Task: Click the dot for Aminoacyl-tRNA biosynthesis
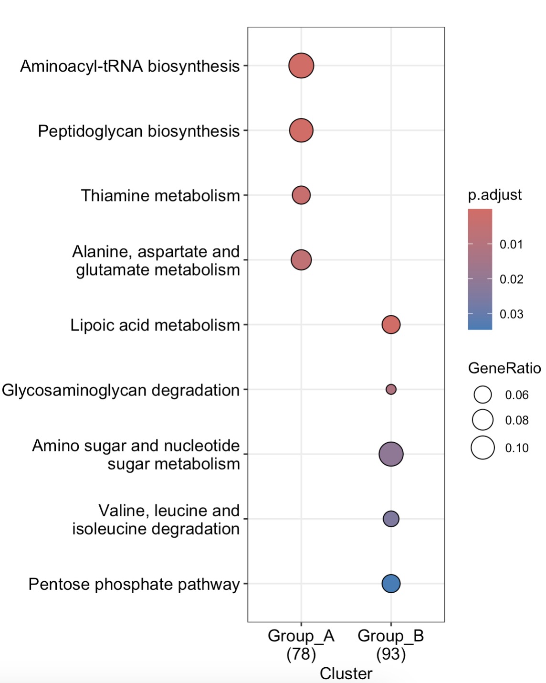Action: (x=301, y=65)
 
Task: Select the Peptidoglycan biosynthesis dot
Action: (x=301, y=130)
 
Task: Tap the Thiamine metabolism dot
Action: (x=301, y=195)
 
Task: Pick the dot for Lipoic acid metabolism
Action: (x=391, y=325)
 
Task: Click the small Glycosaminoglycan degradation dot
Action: (x=391, y=389)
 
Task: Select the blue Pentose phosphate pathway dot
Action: (x=391, y=583)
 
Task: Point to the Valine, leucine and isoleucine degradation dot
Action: (x=391, y=519)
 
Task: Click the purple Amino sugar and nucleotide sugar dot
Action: (x=391, y=454)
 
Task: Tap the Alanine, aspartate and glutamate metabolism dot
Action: (x=301, y=260)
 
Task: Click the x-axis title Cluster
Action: (x=346, y=673)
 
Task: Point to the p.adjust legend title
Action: (x=494, y=195)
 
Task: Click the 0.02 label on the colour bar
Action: (x=511, y=279)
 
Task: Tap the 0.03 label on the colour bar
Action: (x=511, y=314)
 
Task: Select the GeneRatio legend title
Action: (x=504, y=368)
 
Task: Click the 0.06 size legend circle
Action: (x=483, y=395)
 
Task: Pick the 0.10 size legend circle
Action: (x=483, y=448)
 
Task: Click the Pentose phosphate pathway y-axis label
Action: (x=134, y=584)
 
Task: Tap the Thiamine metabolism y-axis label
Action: (x=160, y=196)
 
